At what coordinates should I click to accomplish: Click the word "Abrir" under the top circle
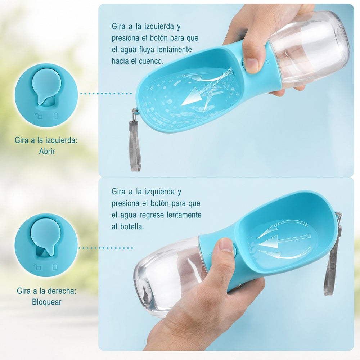47,151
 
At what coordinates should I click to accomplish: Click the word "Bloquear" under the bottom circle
46,302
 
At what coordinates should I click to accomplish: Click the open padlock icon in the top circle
39,116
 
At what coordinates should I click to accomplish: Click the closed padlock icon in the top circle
55,116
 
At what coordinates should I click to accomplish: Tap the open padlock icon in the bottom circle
37,267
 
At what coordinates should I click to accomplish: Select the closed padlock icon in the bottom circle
55,266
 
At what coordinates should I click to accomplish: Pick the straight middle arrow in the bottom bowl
284,240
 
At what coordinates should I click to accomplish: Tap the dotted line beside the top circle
106,94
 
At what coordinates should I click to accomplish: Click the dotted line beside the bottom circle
105,248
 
